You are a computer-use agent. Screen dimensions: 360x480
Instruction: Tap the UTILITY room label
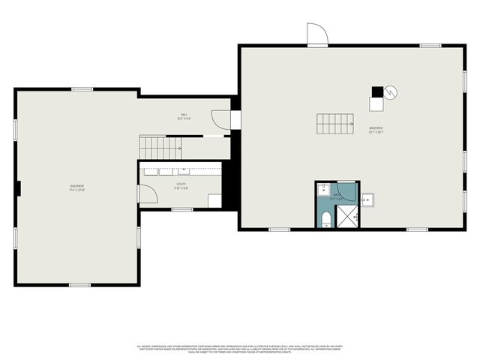point(181,185)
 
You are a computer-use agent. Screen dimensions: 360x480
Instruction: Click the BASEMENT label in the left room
point(77,187)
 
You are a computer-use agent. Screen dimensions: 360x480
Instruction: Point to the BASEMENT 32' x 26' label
point(376,130)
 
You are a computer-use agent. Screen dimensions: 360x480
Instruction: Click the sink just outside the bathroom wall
point(367,200)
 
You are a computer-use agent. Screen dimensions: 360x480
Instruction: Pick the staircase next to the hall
point(163,147)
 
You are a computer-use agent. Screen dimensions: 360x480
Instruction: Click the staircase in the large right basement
point(334,123)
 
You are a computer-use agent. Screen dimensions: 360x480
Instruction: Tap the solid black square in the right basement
point(377,92)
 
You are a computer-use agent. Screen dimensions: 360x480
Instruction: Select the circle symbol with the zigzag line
point(391,92)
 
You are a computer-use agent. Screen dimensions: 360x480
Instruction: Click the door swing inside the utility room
point(147,194)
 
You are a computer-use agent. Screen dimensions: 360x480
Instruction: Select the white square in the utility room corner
point(214,200)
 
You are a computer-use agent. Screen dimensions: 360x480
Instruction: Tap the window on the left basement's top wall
point(82,89)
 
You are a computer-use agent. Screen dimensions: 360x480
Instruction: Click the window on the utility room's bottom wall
point(182,208)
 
